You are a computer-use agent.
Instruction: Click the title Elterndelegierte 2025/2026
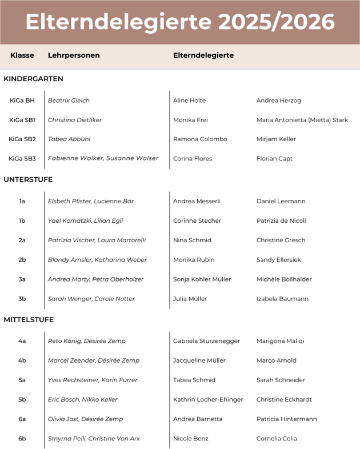point(180,22)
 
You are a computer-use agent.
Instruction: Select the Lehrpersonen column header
point(74,55)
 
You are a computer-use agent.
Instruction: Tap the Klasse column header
point(22,55)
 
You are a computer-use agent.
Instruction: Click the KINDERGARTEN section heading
point(33,79)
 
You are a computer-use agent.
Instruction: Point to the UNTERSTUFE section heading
point(28,179)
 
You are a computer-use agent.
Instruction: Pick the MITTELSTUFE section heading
point(29,319)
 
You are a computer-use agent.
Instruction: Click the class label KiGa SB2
point(22,139)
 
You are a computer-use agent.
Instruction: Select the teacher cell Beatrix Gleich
point(69,101)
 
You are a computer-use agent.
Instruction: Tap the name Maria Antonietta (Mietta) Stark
point(302,120)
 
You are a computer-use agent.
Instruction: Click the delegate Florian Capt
point(274,159)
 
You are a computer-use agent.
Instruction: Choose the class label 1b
point(22,221)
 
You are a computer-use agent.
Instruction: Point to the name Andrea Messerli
point(197,201)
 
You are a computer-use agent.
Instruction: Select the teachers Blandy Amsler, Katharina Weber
point(97,260)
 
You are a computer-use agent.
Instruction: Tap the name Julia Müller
point(190,299)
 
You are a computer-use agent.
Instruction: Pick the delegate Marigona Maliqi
point(280,341)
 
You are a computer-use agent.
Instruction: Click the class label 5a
point(22,380)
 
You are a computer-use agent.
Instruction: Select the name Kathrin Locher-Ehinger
point(208,399)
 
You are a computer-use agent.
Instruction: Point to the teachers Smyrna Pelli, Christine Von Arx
point(94,439)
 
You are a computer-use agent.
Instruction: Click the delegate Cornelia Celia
point(277,439)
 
